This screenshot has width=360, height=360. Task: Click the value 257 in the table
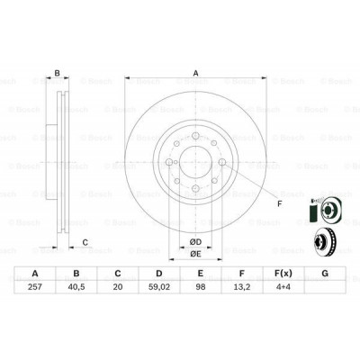[x=35, y=287]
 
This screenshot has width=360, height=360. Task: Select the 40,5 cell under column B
[x=76, y=287]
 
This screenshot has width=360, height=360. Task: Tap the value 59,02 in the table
[x=159, y=287]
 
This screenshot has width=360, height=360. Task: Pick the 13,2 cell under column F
[x=242, y=287]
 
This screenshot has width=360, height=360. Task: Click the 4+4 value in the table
[x=283, y=287]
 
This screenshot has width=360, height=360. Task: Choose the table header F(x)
[x=283, y=274]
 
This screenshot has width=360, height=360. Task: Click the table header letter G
[x=325, y=274]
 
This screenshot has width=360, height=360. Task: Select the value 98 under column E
[x=201, y=287]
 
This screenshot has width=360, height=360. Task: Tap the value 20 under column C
[x=118, y=287]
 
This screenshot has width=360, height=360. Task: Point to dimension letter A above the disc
[x=195, y=73]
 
